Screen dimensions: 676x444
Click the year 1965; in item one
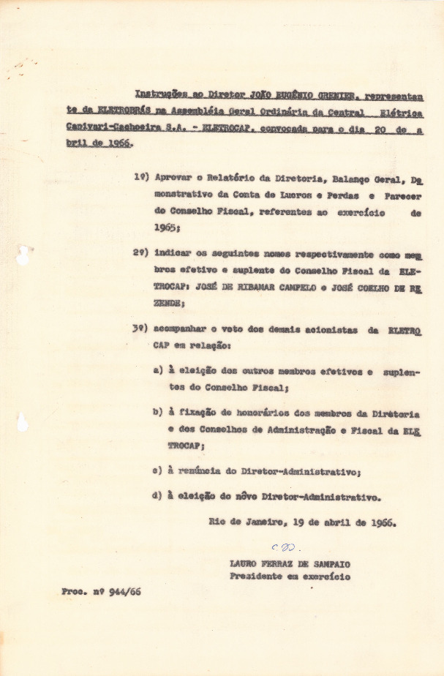point(168,228)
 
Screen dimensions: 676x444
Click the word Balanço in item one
point(340,179)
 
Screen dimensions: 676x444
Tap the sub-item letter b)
point(158,412)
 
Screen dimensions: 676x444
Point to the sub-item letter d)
point(158,496)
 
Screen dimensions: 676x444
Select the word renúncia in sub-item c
point(198,471)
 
